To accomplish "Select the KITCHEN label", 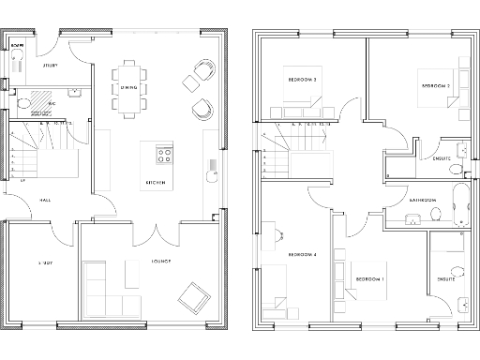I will click(156, 182).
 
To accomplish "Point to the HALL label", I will click(44, 200).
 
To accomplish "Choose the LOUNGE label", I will click(157, 262).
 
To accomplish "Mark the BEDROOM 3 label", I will click(302, 80).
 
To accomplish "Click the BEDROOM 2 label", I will click(436, 86).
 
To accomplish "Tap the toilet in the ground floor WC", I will click(22, 99).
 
